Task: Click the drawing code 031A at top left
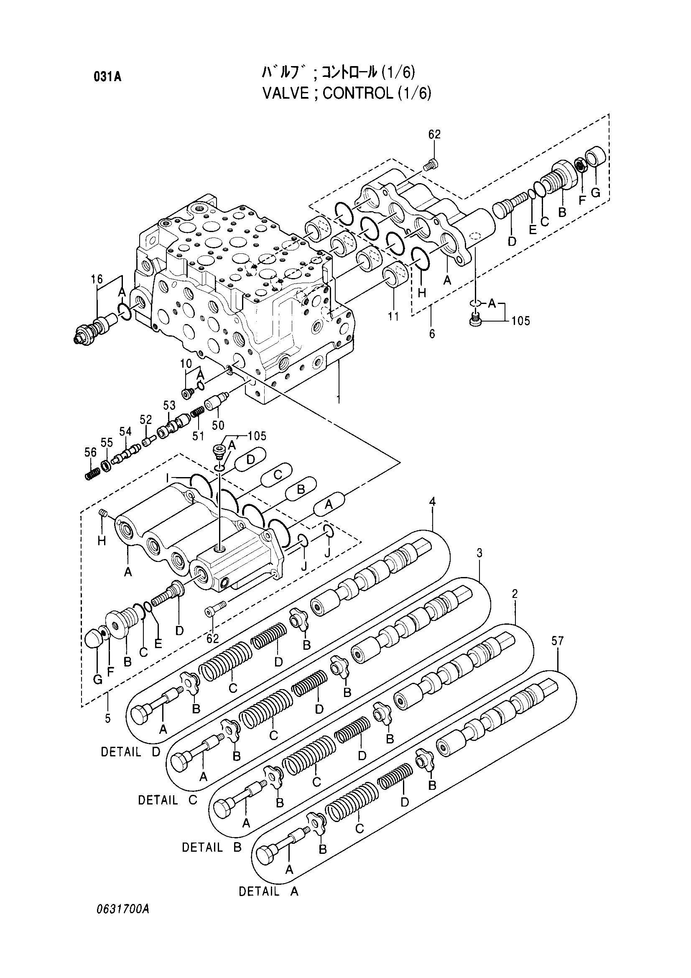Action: coord(107,77)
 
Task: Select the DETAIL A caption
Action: coord(269,891)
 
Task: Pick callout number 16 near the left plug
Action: coord(97,279)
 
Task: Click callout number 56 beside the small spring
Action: coord(90,453)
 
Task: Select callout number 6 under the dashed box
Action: coord(432,334)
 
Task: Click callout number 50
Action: coord(218,425)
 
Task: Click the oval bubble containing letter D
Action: coord(251,459)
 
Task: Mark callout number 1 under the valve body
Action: coord(339,400)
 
